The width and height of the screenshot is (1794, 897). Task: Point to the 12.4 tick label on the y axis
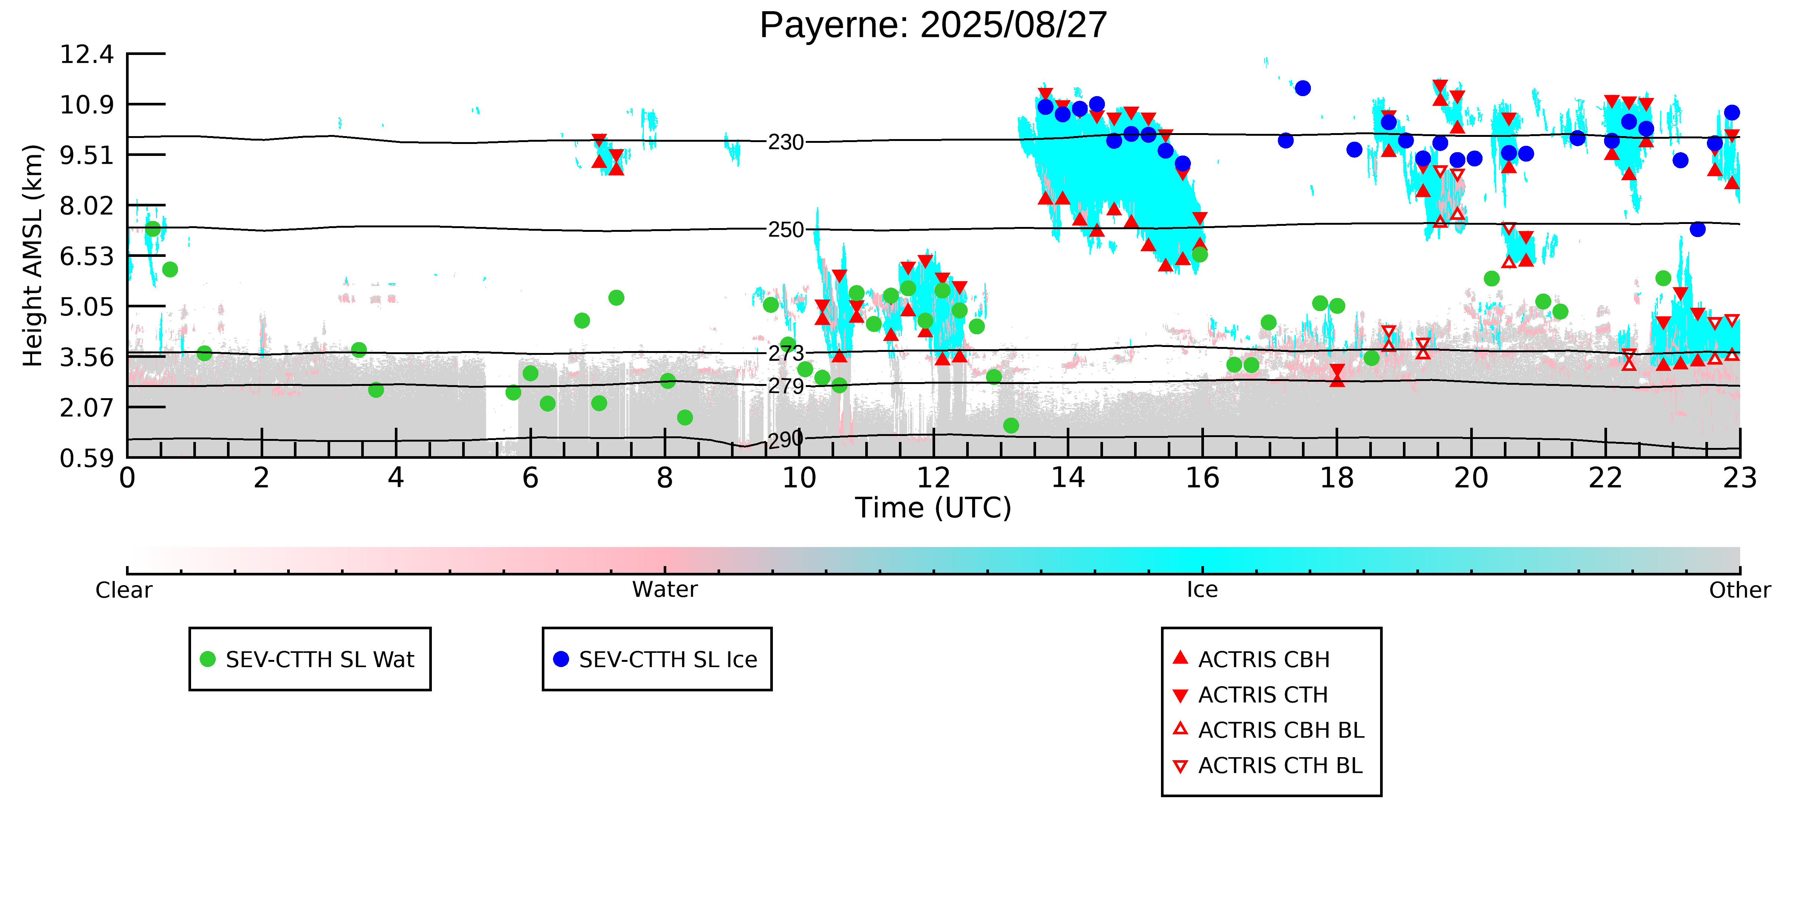(86, 54)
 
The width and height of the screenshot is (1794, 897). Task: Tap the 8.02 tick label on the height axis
(86, 206)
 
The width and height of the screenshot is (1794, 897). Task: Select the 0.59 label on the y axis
(86, 458)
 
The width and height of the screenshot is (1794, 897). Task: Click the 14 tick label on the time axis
(1068, 479)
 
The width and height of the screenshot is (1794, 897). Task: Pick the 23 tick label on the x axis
(1739, 479)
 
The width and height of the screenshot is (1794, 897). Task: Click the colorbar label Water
(664, 590)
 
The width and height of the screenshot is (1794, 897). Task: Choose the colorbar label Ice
(1202, 590)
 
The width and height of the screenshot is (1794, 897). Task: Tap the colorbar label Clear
(124, 590)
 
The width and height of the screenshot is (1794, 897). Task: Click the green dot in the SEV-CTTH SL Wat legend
(208, 659)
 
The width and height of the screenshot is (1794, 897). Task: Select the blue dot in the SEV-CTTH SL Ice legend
(560, 659)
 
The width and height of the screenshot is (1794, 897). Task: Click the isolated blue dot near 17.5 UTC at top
(1302, 88)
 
